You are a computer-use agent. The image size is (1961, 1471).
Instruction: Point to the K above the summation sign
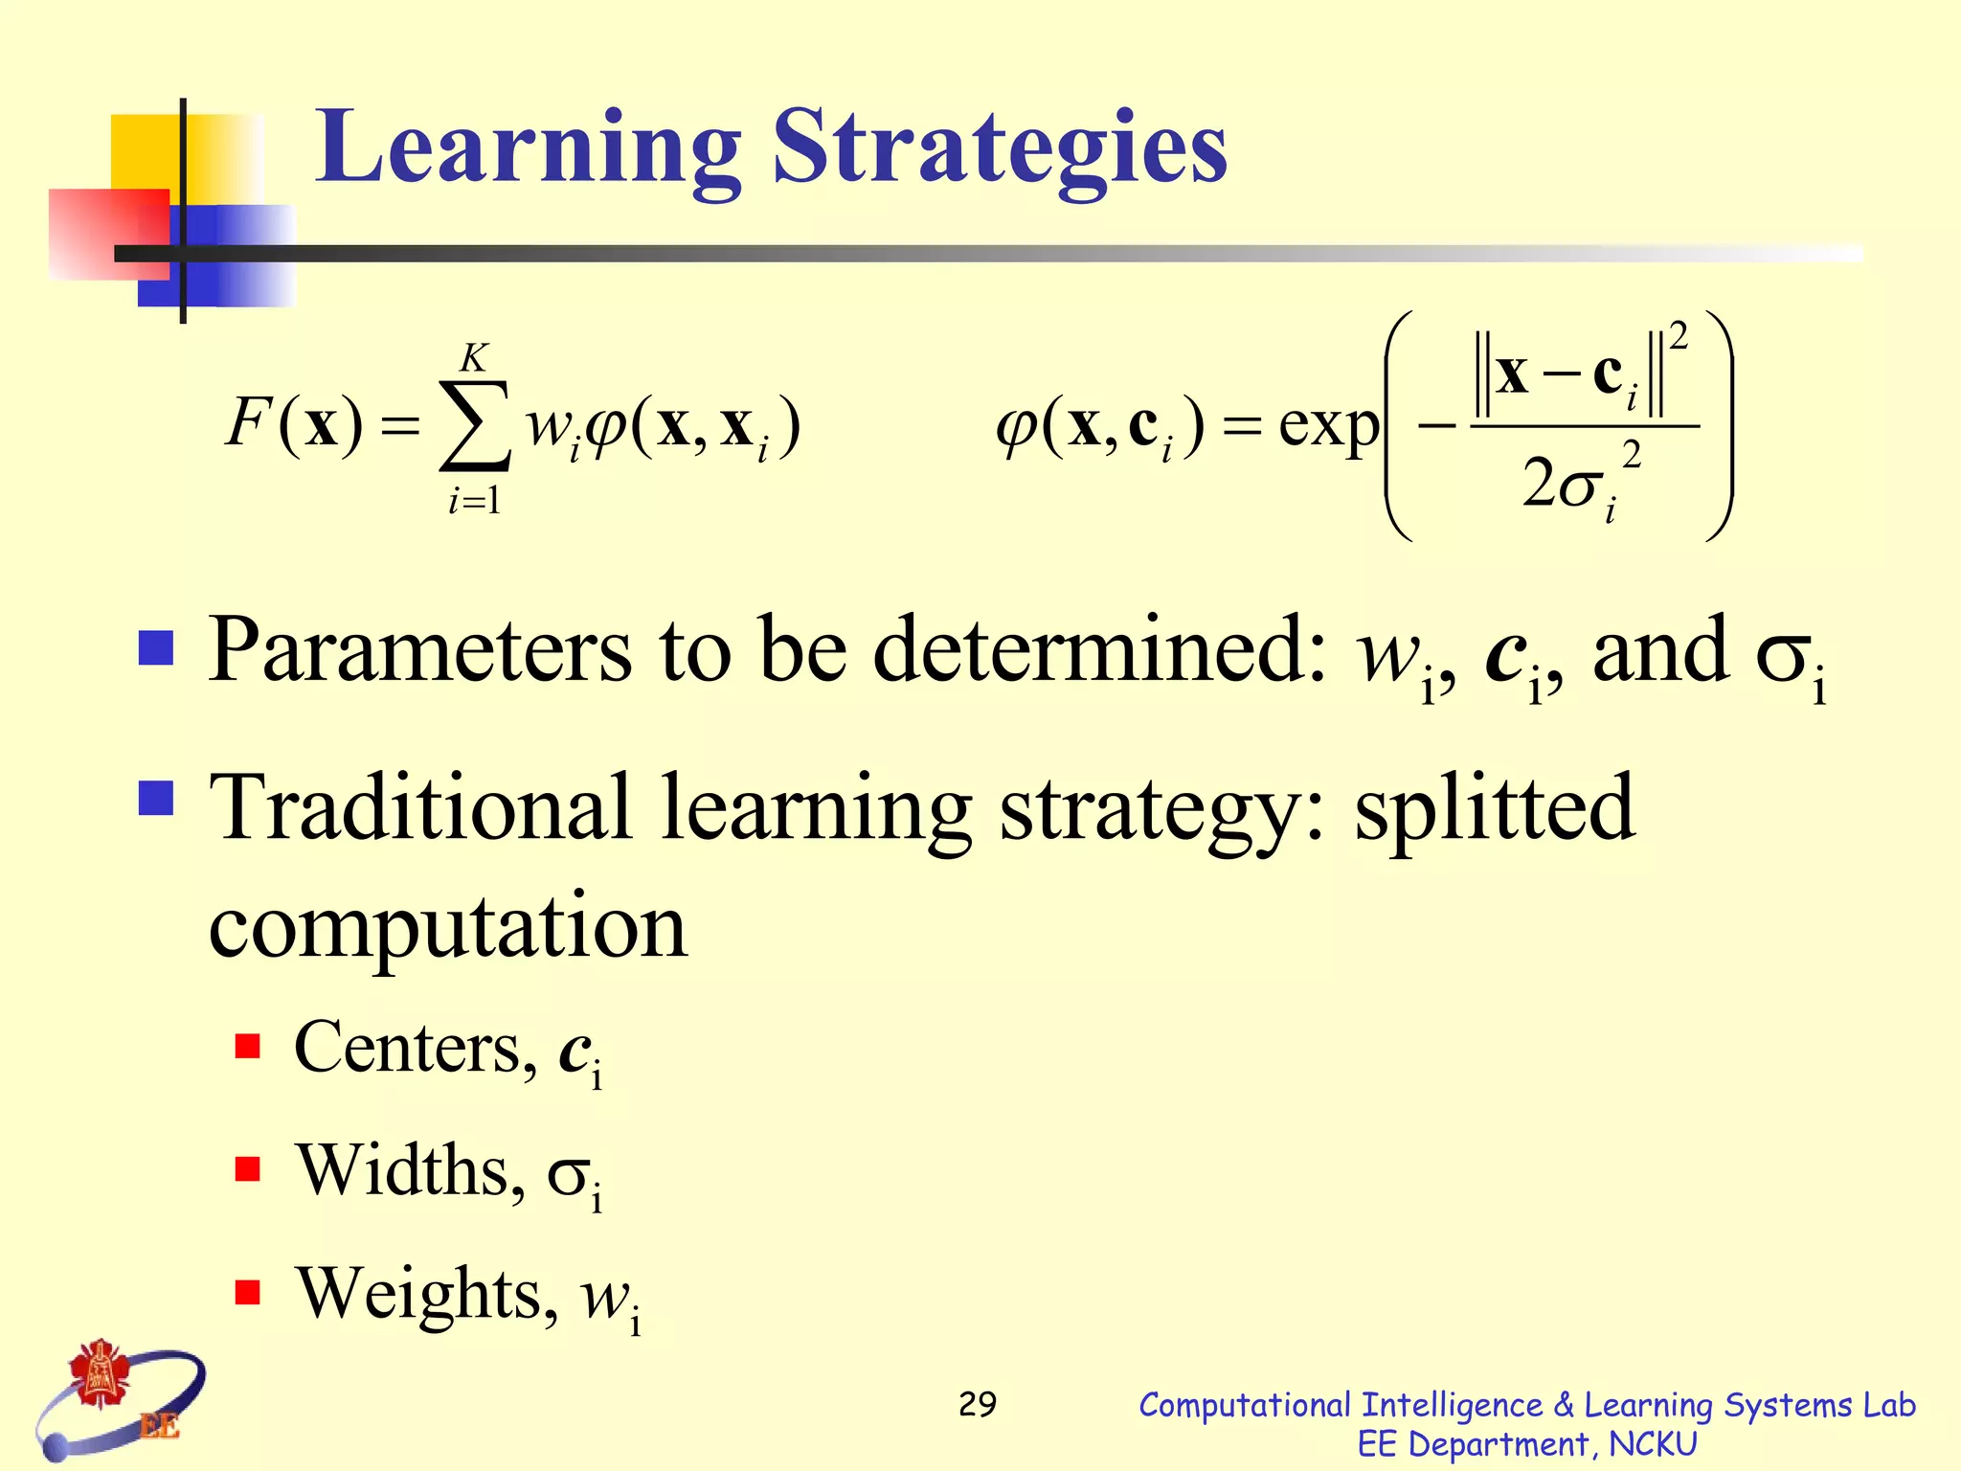click(474, 358)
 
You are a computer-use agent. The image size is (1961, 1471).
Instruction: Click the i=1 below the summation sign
click(474, 501)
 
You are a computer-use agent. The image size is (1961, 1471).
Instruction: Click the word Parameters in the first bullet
click(420, 651)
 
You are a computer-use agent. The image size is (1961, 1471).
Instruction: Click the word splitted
click(1494, 809)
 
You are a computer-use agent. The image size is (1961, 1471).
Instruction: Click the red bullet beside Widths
click(248, 1169)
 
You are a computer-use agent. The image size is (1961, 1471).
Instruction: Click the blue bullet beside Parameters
click(156, 647)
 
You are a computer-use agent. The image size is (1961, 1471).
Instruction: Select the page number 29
click(978, 1404)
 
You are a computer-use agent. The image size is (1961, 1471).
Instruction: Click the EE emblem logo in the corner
click(120, 1399)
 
